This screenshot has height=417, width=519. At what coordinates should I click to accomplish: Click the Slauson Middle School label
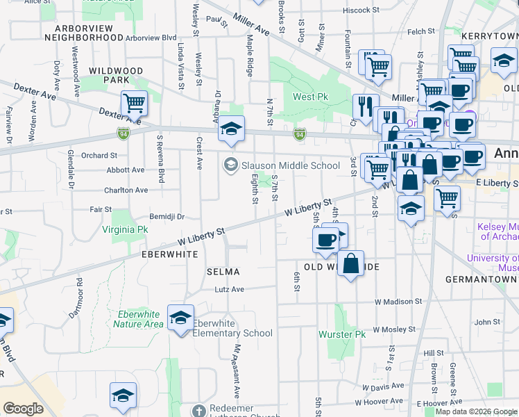(x=290, y=165)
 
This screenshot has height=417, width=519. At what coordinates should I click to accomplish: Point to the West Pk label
(x=310, y=97)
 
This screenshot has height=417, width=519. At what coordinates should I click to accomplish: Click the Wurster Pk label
(x=341, y=334)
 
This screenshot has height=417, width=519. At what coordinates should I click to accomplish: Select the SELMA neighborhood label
(x=223, y=272)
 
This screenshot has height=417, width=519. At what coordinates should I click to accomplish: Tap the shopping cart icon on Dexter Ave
(x=134, y=104)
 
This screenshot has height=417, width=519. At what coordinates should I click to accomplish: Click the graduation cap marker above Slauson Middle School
(x=232, y=129)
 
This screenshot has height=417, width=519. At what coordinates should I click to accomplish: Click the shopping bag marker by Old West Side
(x=351, y=263)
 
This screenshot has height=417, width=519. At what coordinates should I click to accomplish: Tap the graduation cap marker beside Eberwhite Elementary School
(x=180, y=318)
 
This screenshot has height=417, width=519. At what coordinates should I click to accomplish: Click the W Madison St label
(x=398, y=302)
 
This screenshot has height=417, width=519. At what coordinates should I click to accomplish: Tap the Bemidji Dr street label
(x=165, y=216)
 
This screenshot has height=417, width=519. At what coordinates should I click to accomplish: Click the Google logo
(x=23, y=409)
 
